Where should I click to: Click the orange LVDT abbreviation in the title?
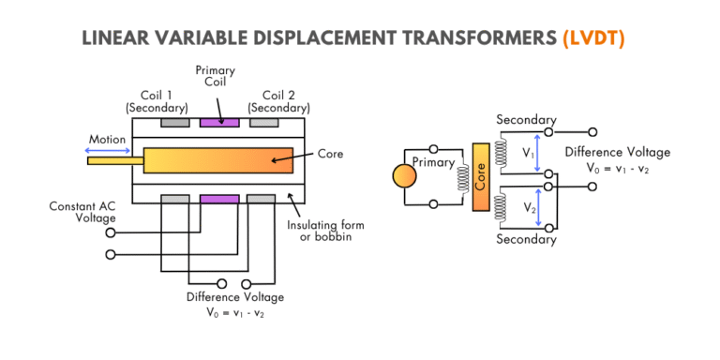coord(593,39)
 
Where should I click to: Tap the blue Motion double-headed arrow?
coord(109,150)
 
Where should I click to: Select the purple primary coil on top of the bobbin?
coord(219,123)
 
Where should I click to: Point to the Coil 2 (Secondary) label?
coord(278,102)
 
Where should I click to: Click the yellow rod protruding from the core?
coord(115,160)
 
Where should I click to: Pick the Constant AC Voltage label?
coord(82,212)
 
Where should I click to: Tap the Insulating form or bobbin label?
coord(325,232)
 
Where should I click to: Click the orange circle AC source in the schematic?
coord(405,176)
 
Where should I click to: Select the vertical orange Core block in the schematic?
coord(481,177)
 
